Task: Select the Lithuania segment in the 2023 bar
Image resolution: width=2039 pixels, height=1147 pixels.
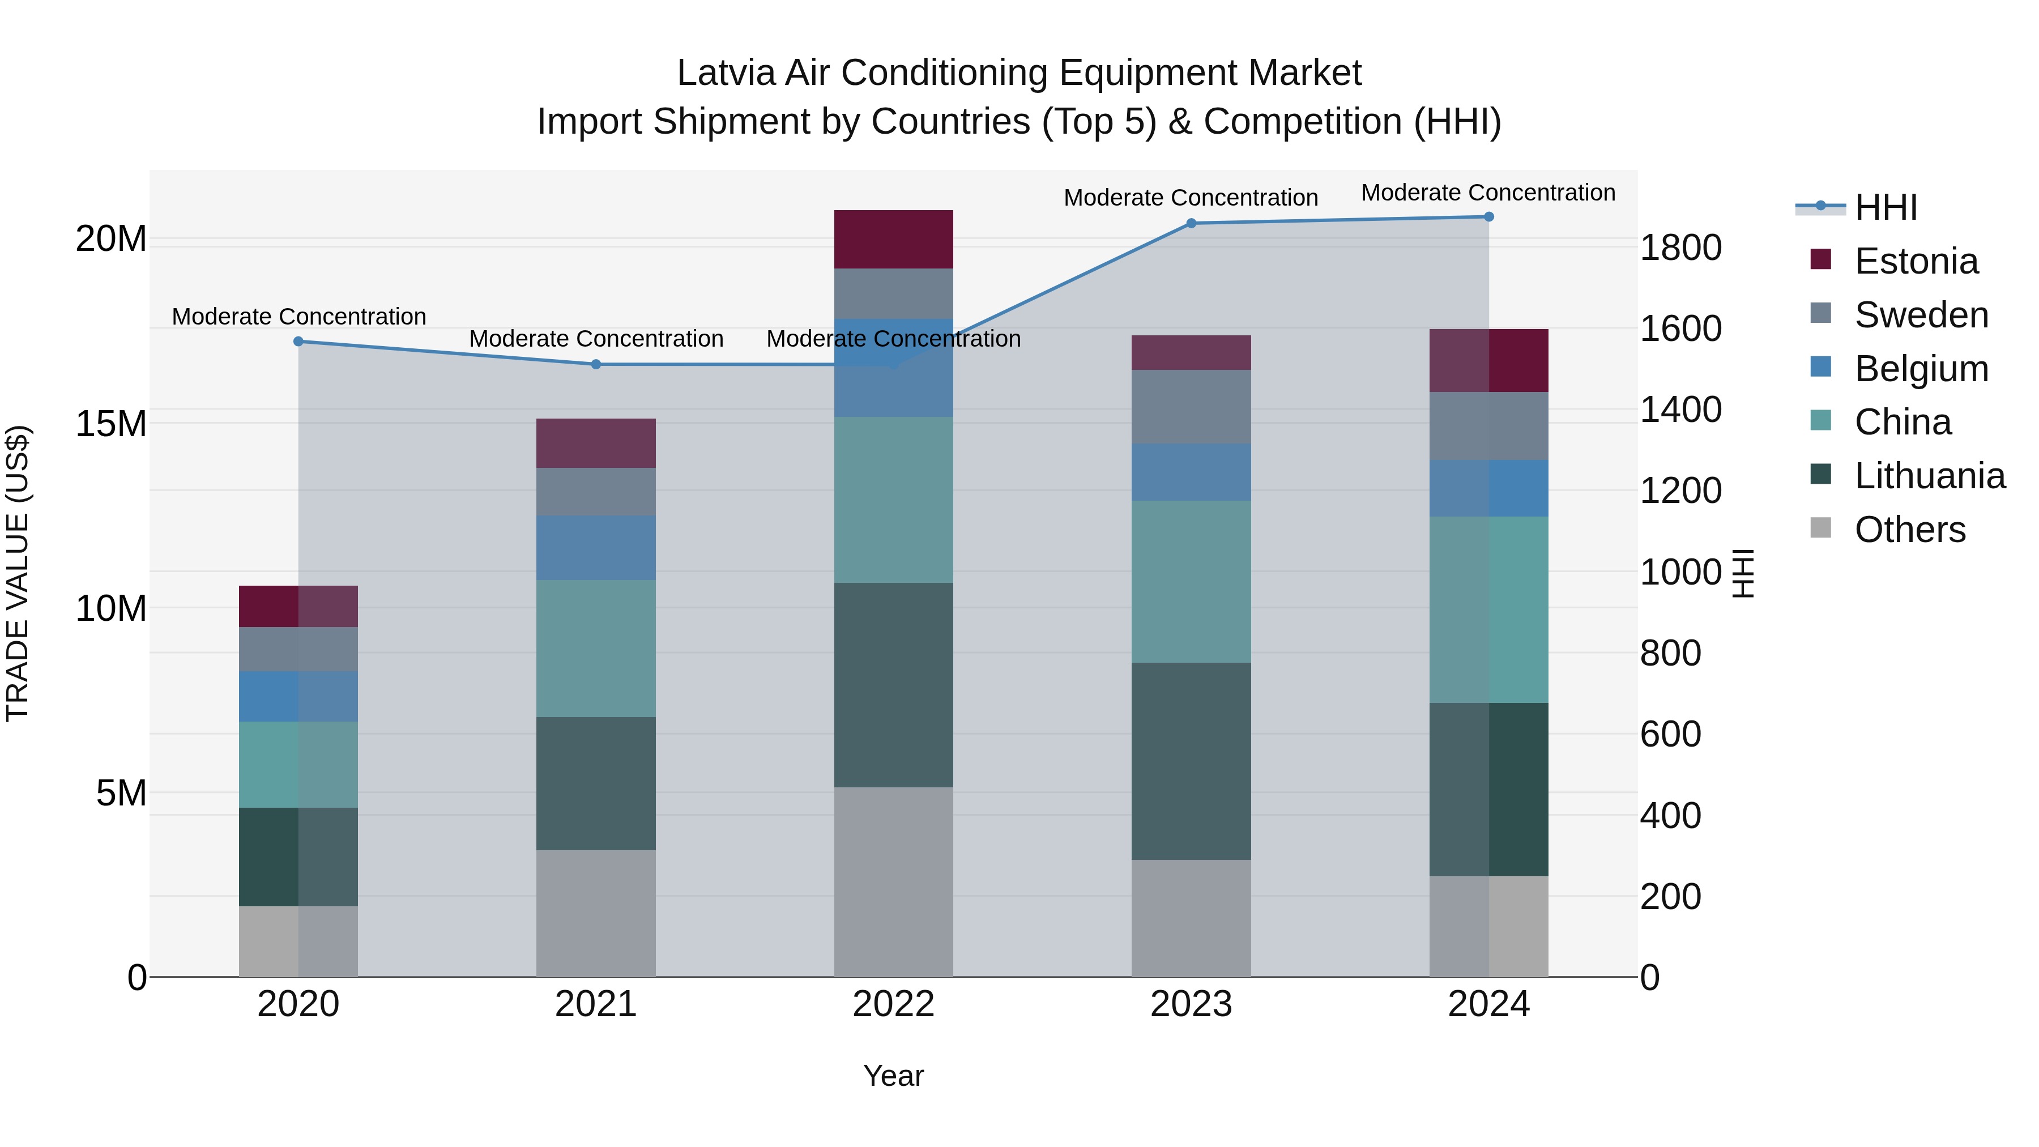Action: coord(1191,761)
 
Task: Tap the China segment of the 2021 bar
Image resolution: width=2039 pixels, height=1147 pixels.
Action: coord(595,649)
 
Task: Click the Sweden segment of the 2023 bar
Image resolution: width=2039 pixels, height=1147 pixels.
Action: coord(1191,406)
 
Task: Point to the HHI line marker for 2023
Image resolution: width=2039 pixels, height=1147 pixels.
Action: coord(1191,223)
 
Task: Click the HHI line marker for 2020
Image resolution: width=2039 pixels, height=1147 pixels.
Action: coord(298,341)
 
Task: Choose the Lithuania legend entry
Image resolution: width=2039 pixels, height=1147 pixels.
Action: coord(1929,476)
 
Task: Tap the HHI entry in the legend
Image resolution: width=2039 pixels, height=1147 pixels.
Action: coord(1884,207)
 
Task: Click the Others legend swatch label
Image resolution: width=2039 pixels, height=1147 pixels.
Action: coord(1909,530)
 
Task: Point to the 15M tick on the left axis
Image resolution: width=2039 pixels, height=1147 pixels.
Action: coord(111,424)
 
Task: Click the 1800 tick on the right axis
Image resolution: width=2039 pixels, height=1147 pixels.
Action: coord(1680,248)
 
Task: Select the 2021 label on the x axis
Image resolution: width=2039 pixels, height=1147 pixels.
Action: coord(595,1004)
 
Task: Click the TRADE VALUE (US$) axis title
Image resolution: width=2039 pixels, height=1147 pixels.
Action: coord(18,573)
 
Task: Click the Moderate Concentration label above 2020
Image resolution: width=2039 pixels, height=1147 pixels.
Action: coord(298,317)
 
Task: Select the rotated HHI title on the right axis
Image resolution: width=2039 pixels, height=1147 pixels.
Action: coord(1743,573)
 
